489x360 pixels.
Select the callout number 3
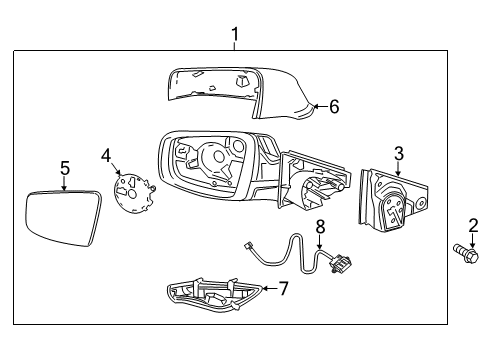pos(398,153)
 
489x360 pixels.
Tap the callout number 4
pos(105,156)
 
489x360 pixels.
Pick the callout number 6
pos(333,106)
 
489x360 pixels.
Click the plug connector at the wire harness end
pos(342,264)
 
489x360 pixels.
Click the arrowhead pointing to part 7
pos(264,288)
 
